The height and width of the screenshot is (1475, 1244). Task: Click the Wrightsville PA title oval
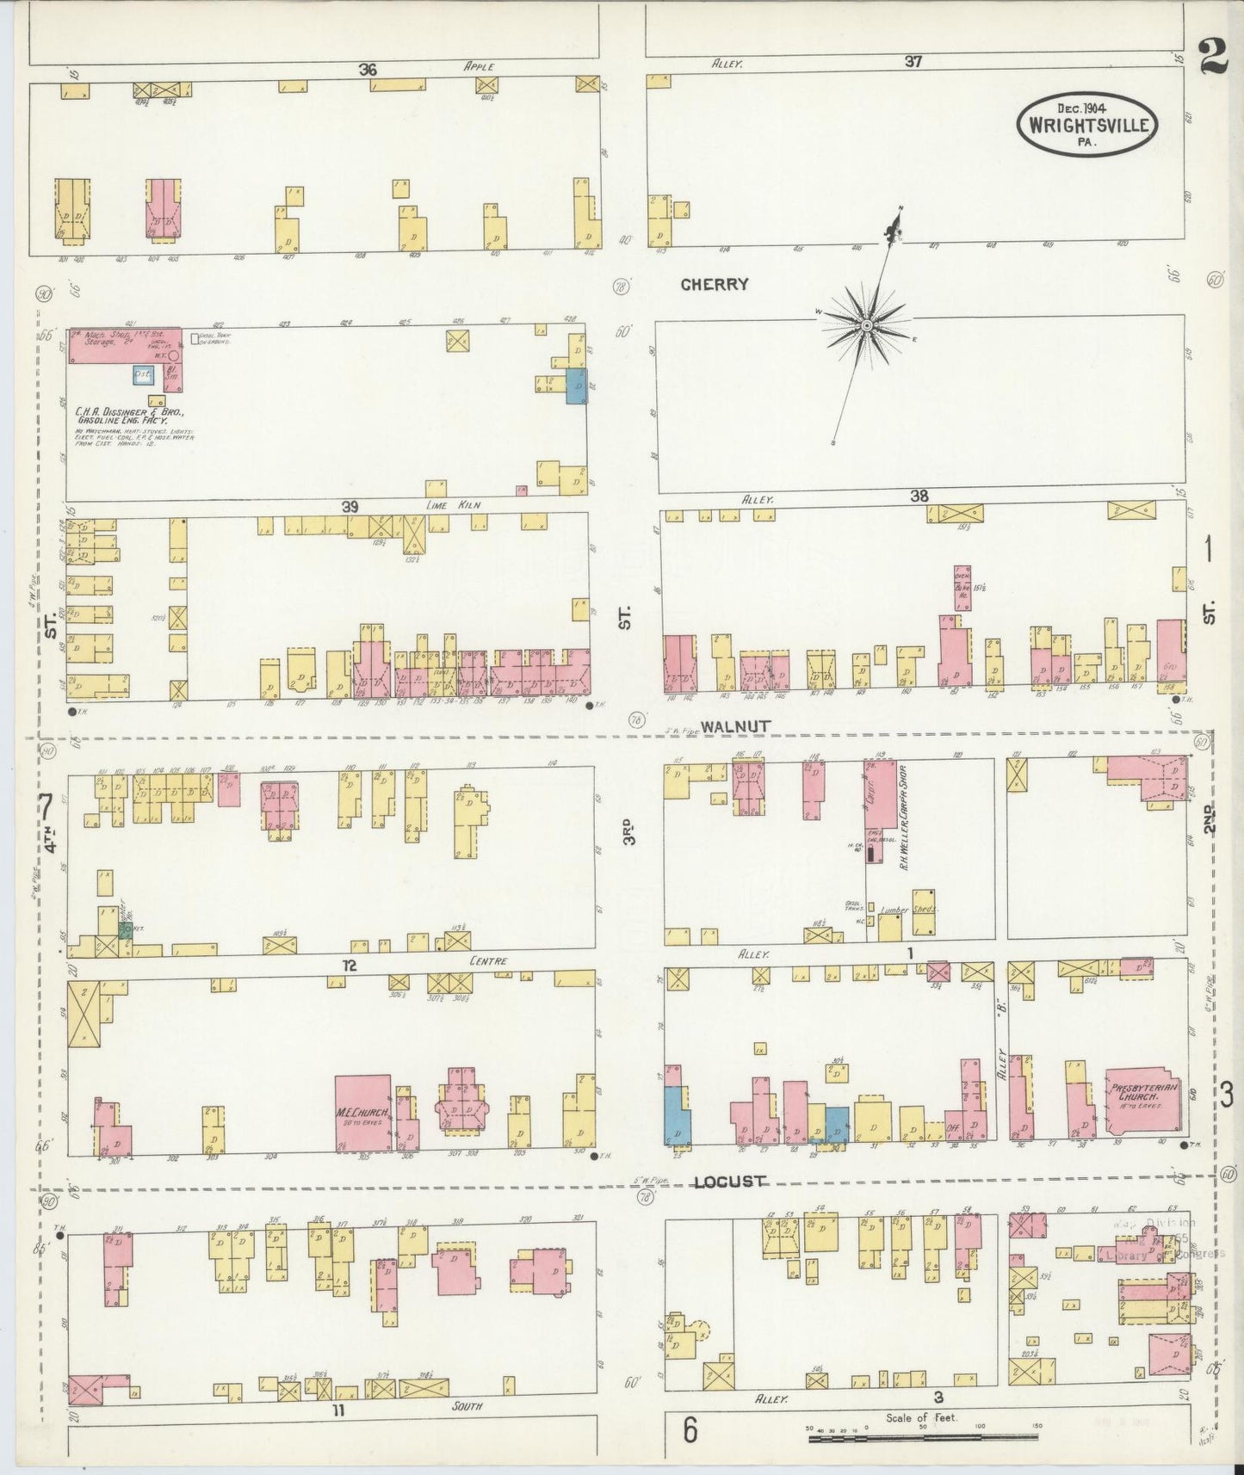click(x=1087, y=124)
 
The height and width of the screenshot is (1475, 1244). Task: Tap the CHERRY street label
click(x=714, y=284)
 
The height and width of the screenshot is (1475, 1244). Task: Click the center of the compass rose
click(x=867, y=324)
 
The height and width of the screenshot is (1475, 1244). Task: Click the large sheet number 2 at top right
click(x=1212, y=60)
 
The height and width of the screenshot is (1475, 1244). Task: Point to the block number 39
click(x=349, y=506)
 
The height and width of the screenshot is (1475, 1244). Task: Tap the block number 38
click(x=919, y=496)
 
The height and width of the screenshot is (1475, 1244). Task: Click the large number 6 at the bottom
click(x=690, y=1432)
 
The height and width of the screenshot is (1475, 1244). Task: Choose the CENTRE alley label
click(x=488, y=960)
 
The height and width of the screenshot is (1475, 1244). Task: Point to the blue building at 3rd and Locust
click(x=677, y=1115)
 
